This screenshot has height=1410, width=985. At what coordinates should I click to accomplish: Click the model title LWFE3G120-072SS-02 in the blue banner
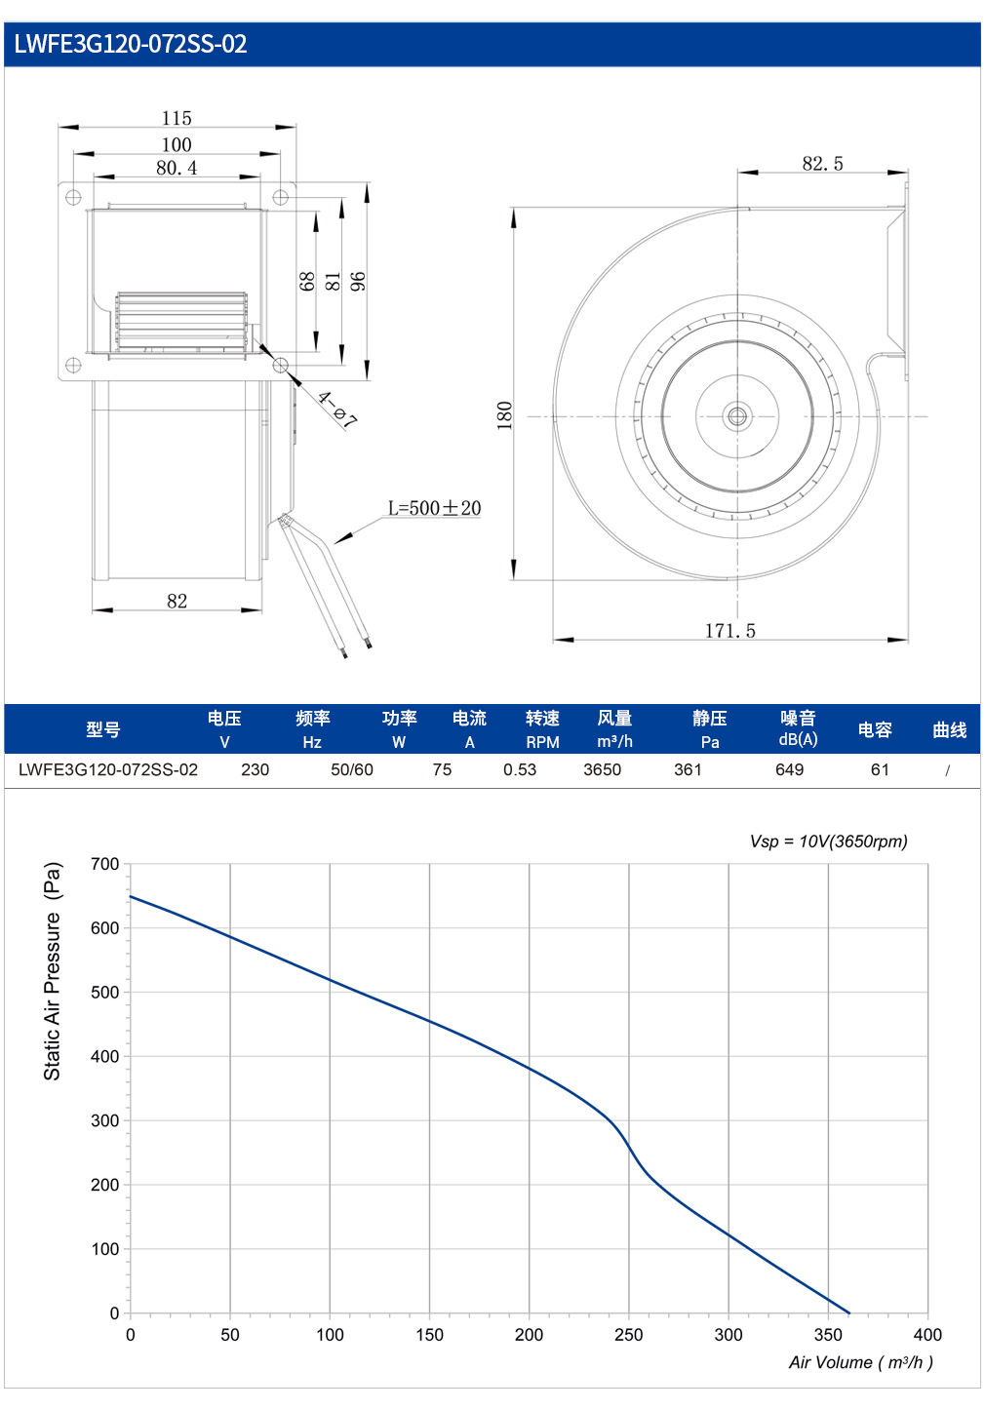[x=131, y=44]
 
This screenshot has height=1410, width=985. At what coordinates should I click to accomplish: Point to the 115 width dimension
[x=177, y=118]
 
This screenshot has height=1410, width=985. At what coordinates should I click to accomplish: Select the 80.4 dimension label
[x=177, y=168]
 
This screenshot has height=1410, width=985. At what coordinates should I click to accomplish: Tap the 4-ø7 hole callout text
[x=337, y=410]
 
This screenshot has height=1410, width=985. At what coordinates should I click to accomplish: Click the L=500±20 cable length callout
[x=434, y=507]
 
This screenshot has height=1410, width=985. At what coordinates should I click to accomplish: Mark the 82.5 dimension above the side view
[x=822, y=164]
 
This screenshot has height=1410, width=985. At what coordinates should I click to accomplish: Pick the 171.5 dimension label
[x=730, y=630]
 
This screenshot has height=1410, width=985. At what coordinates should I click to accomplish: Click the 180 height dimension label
[x=505, y=415]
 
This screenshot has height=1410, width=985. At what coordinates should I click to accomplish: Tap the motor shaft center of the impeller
[x=737, y=416]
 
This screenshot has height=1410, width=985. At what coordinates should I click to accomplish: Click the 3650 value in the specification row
[x=603, y=769]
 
